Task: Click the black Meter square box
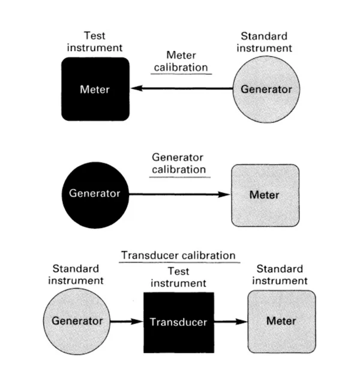[95, 89]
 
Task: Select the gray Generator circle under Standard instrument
[266, 89]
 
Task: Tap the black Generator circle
[94, 194]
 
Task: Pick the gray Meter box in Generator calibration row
[265, 195]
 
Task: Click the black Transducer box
[178, 322]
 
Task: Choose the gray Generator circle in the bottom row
[77, 320]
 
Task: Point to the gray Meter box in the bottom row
[281, 321]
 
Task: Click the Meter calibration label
[181, 61]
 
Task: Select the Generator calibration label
[178, 163]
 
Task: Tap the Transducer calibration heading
[178, 256]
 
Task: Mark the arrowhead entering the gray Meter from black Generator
[225, 194]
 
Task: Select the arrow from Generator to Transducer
[127, 321]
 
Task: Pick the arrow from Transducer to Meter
[230, 321]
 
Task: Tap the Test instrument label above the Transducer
[178, 277]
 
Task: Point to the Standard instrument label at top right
[264, 42]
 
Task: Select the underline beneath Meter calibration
[181, 73]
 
